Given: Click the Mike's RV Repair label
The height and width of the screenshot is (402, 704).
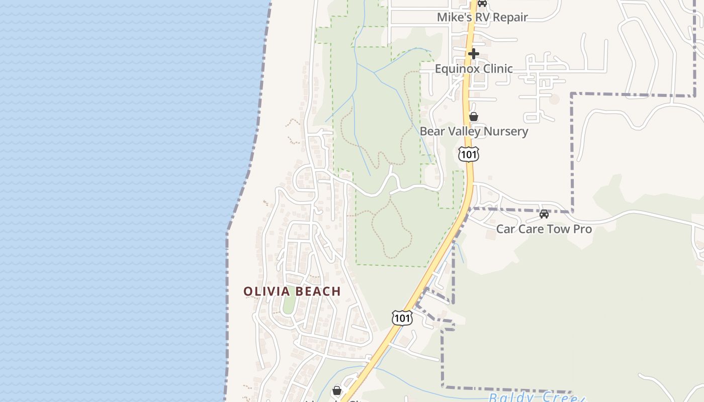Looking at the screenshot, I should coord(482,17).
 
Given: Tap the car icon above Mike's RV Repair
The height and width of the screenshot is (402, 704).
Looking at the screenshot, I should coord(482,3).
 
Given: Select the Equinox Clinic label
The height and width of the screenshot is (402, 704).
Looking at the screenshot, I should coord(474,69).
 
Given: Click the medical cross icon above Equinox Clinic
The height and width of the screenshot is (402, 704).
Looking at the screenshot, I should coord(474,53).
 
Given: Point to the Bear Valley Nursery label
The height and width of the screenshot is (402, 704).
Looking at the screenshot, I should coord(474,132).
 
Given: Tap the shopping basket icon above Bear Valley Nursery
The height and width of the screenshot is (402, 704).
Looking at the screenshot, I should coord(474,117).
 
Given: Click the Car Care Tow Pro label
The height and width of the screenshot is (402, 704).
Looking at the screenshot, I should coord(544,229).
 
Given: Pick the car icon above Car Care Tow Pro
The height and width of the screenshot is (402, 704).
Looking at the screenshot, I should coord(544,214).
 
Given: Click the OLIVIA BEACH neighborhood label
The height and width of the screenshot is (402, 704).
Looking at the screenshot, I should coord(292,291).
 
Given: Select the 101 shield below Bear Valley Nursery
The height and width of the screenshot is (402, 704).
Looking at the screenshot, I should coord(469,154).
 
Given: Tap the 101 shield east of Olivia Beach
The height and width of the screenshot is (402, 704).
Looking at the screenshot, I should coord(402,318).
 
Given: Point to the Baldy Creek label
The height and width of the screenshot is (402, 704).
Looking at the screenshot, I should coord(536,397).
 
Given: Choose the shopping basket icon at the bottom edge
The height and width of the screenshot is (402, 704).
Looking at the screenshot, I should coord(337,390).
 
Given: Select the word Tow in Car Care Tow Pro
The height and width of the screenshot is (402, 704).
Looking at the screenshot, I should coord(558,229).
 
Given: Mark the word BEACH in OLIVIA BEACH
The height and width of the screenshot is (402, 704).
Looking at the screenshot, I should coord(318,291).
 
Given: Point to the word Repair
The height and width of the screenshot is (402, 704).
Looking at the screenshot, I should coord(510,17).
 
